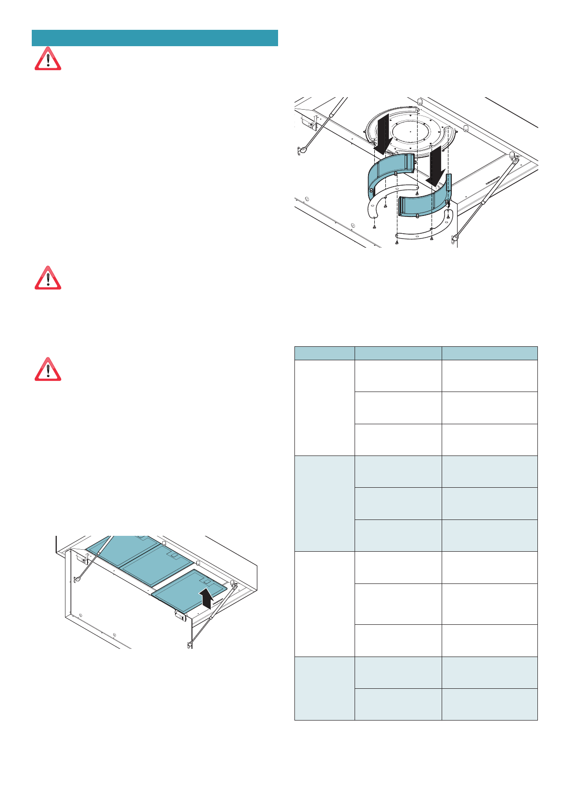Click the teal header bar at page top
tap(154, 38)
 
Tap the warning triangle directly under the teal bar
tap(48, 60)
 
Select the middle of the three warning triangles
tap(48, 278)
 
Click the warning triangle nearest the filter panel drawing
tap(48, 370)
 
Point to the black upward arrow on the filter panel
tap(206, 598)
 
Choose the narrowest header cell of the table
tap(324, 353)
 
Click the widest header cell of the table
tap(489, 353)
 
